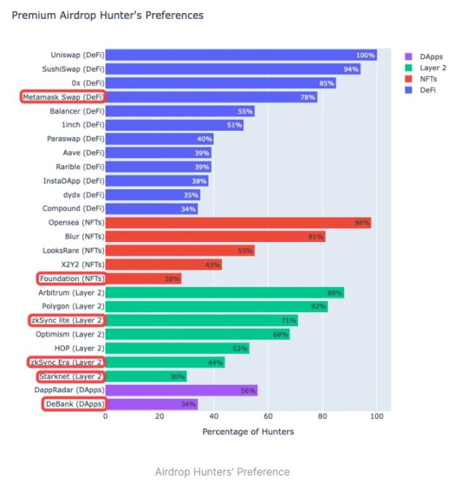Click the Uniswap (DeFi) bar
click(x=241, y=55)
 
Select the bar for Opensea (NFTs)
click(x=238, y=222)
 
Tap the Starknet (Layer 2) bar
click(x=146, y=376)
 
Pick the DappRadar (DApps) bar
click(x=181, y=390)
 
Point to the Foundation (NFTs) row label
click(x=71, y=278)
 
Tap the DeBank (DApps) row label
click(x=73, y=404)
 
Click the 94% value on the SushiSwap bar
click(x=351, y=69)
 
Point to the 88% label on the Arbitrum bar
click(x=334, y=293)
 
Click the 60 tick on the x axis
click(x=268, y=417)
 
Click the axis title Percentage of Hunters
click(x=248, y=431)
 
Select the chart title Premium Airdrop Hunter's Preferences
click(x=108, y=15)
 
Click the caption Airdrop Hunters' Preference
click(x=222, y=471)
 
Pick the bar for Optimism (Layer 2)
click(x=197, y=334)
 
